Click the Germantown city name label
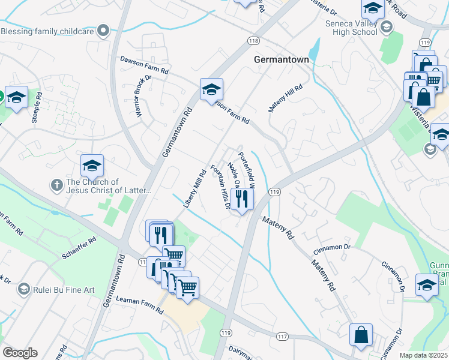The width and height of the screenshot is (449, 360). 281,60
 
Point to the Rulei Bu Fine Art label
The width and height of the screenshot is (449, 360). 64,290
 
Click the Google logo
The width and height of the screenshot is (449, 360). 20,353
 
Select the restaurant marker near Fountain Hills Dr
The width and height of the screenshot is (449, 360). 242,199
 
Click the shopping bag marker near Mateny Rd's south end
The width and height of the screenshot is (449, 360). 361,336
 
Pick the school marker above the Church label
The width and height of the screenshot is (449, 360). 92,165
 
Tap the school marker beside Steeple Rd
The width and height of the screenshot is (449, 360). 16,97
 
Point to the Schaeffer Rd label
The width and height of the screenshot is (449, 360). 79,248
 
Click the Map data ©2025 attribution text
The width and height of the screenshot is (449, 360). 423,355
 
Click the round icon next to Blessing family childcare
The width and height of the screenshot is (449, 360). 103,30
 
